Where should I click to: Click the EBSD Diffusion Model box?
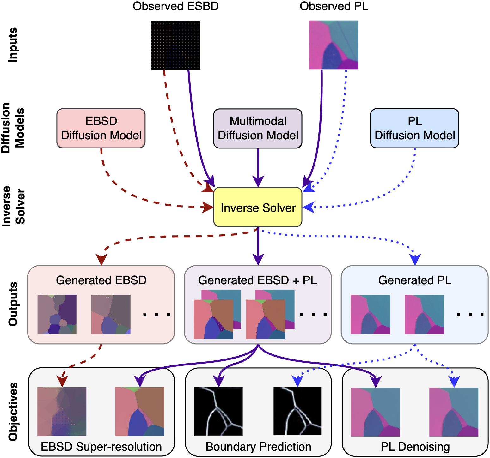pyautogui.click(x=101, y=128)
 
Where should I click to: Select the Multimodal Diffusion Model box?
pyautogui.click(x=258, y=128)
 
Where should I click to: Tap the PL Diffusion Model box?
pyautogui.click(x=415, y=128)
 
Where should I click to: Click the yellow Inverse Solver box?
pyautogui.click(x=258, y=207)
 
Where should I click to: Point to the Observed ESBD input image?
pyautogui.click(x=176, y=45)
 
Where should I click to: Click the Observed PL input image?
pyautogui.click(x=334, y=45)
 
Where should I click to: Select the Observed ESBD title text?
pyautogui.click(x=176, y=6)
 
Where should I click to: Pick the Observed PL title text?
pyautogui.click(x=334, y=6)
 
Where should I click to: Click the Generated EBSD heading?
pyautogui.click(x=101, y=280)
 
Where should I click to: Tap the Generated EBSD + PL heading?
pyautogui.click(x=258, y=280)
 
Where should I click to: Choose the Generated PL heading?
pyautogui.click(x=415, y=280)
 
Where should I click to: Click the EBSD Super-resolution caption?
pyautogui.click(x=101, y=447)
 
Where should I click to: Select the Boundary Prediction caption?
pyautogui.click(x=258, y=447)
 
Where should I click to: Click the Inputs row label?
pyautogui.click(x=13, y=45)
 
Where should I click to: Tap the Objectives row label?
pyautogui.click(x=13, y=412)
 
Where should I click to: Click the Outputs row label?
pyautogui.click(x=13, y=304)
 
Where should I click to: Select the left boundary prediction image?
pyautogui.click(x=218, y=411)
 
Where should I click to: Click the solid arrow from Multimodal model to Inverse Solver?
pyautogui.click(x=258, y=167)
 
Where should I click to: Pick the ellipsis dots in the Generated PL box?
pyautogui.click(x=470, y=315)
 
